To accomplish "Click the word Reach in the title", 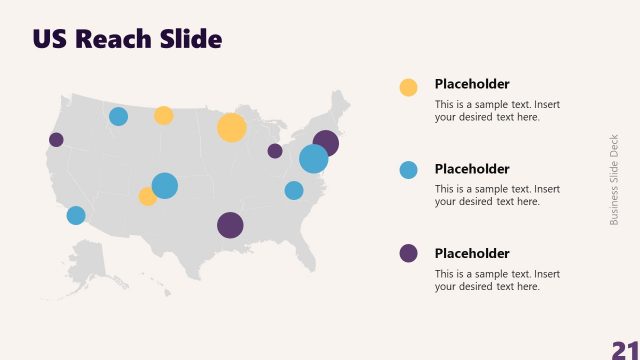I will (x=118, y=39).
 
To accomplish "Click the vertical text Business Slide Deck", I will (x=615, y=179).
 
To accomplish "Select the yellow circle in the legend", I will (x=408, y=87).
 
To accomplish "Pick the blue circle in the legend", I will (x=408, y=170).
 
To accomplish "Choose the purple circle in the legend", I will (x=408, y=253).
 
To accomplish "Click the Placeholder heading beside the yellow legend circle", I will (x=472, y=84).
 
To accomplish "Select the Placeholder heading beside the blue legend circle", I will (x=472, y=169).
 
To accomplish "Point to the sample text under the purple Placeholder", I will (x=497, y=280).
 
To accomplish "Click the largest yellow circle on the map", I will (x=231, y=128).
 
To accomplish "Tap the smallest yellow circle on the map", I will (x=148, y=196).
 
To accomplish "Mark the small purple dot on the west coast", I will (x=56, y=140).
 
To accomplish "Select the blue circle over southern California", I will (x=76, y=215).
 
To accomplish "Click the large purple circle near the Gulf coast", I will (x=230, y=225).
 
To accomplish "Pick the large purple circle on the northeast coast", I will (x=326, y=143).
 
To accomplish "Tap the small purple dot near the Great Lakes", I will (x=275, y=151).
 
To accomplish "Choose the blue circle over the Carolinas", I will (x=294, y=190).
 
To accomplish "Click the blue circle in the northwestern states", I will (x=118, y=116).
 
